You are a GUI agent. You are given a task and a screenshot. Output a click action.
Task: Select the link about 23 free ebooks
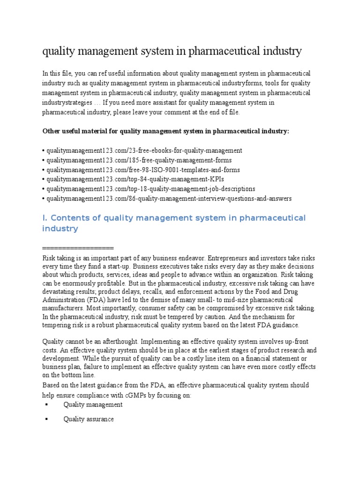pyautogui.click(x=143, y=150)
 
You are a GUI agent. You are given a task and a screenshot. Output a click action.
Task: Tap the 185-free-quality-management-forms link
pyautogui.click(x=138, y=160)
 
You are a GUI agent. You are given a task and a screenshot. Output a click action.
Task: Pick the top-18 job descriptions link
pyautogui.click(x=150, y=189)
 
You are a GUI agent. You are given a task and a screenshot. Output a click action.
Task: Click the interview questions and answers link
pyautogui.click(x=168, y=199)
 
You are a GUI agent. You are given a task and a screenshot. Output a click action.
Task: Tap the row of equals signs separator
pyautogui.click(x=78, y=248)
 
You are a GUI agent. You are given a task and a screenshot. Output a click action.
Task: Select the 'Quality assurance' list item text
pyautogui.click(x=89, y=419)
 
